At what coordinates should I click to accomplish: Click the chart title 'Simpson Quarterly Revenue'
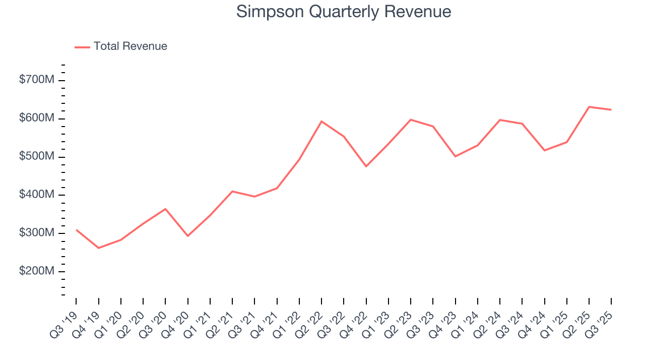click(x=343, y=12)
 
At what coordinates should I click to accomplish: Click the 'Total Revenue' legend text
click(x=130, y=46)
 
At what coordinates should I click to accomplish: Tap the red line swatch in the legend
click(x=82, y=47)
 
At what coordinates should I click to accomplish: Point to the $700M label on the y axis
click(x=36, y=80)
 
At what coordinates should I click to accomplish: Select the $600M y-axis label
click(x=36, y=118)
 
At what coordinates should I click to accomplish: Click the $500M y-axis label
click(x=36, y=157)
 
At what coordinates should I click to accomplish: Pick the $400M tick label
click(x=36, y=195)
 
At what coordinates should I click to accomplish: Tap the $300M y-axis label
click(x=36, y=233)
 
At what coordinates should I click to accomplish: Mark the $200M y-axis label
click(x=36, y=271)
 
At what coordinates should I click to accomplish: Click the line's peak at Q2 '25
click(x=589, y=107)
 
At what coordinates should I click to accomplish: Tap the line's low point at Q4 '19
click(x=99, y=248)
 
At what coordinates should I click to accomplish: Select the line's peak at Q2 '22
click(x=321, y=122)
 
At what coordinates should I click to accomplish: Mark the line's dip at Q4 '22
click(x=366, y=166)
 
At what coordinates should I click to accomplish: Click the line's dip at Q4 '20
click(x=188, y=236)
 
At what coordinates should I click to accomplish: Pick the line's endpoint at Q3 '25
click(x=611, y=109)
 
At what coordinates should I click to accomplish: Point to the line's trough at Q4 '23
click(x=455, y=156)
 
